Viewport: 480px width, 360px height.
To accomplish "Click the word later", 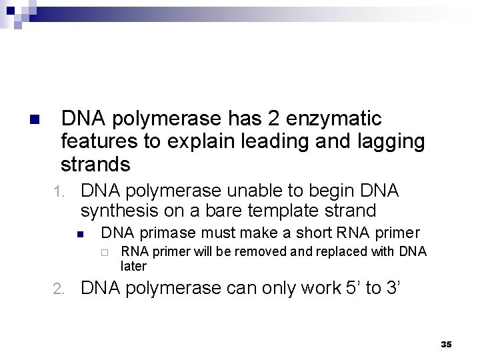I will [133, 265].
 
